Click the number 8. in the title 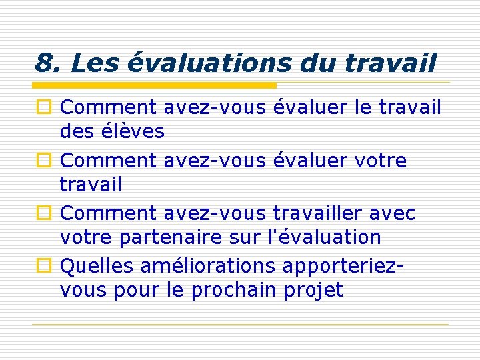[47, 64]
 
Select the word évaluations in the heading [209, 64]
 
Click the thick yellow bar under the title [155, 85]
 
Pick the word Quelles [97, 266]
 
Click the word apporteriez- [344, 267]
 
